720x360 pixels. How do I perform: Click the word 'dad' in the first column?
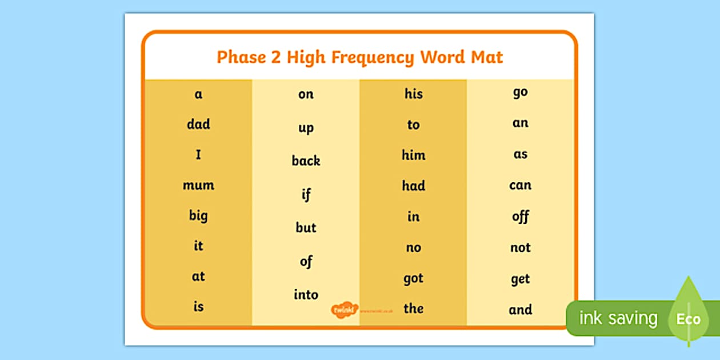pos(198,124)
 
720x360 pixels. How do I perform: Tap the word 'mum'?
pos(198,185)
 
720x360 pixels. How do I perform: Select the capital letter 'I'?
pos(198,154)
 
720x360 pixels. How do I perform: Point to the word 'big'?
pos(198,216)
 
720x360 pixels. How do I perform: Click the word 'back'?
pos(306,161)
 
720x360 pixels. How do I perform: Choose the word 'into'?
pos(306,294)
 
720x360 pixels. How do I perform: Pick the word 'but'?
pos(306,227)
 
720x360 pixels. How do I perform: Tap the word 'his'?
pos(413,94)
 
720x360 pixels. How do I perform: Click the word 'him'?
pos(413,155)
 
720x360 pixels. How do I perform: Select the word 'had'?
pos(413,186)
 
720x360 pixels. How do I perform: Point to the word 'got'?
pos(413,278)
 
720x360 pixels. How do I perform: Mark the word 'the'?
pos(413,309)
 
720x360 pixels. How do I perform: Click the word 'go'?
pos(520,93)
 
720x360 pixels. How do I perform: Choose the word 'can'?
pos(520,185)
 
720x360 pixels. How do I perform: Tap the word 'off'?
pos(520,216)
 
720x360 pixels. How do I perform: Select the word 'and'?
pos(520,310)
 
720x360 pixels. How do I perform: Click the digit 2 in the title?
pos(275,58)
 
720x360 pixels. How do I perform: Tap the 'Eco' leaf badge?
pos(687,317)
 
